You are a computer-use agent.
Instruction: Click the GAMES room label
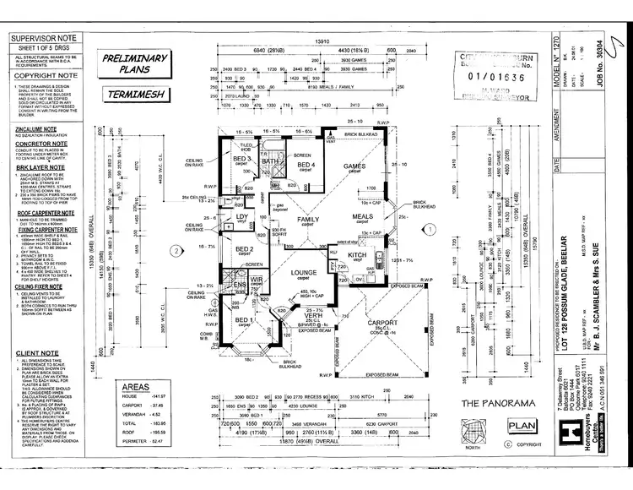[354, 166]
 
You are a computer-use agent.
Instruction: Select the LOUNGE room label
[302, 274]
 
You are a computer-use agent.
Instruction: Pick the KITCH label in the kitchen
[357, 253]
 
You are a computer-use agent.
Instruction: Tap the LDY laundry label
[241, 216]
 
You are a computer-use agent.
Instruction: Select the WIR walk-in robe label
[257, 278]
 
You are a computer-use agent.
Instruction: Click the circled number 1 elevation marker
[429, 228]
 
